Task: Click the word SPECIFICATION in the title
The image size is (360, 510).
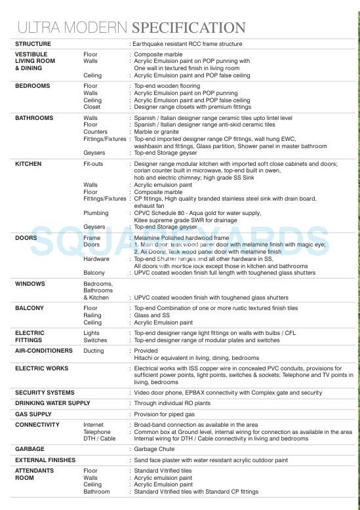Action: (x=189, y=28)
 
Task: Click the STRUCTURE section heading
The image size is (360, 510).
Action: (x=33, y=44)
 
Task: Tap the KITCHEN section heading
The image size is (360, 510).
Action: (x=28, y=164)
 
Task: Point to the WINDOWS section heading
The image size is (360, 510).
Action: (x=31, y=284)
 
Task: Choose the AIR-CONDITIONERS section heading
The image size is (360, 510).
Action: (x=44, y=351)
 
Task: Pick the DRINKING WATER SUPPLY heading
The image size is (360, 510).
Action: (x=52, y=402)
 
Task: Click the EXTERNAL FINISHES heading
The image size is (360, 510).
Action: (x=45, y=460)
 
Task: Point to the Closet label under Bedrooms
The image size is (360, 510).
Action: (x=92, y=107)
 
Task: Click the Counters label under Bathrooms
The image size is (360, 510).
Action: (x=96, y=132)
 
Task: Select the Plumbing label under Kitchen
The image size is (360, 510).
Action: (x=96, y=213)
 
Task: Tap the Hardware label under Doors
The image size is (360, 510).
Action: (x=97, y=259)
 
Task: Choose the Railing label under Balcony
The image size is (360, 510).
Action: (x=92, y=315)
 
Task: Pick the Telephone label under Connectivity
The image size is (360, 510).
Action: (x=97, y=432)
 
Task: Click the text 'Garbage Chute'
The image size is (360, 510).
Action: (x=154, y=449)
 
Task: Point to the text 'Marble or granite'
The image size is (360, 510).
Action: (x=156, y=132)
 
